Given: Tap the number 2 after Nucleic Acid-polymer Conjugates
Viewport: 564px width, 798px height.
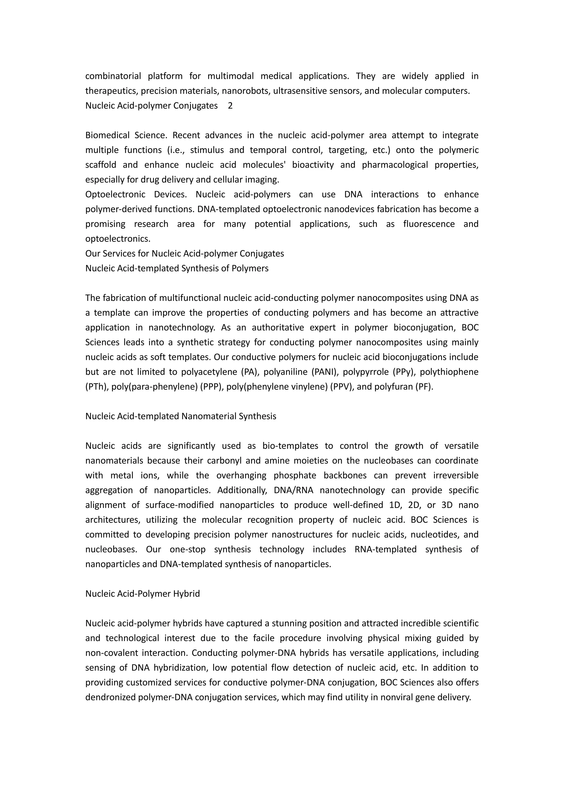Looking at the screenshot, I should click(x=230, y=106).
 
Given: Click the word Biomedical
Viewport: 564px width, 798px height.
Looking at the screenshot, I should click(x=107, y=135).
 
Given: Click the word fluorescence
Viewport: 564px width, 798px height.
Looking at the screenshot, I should click(x=429, y=224).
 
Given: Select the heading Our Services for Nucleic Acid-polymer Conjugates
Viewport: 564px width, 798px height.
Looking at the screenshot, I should click(x=185, y=254).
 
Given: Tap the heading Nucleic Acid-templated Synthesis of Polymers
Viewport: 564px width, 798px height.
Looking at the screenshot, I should click(x=177, y=268).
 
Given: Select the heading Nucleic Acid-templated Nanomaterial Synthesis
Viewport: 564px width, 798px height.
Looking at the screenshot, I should click(x=181, y=416).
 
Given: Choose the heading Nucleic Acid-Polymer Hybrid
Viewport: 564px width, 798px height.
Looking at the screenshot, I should click(x=142, y=594).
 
